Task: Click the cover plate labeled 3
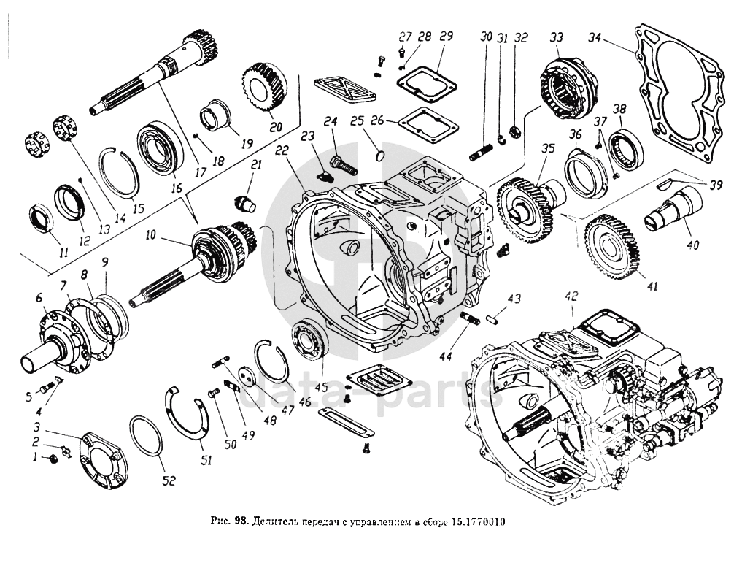[x=102, y=459]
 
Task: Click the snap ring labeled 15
[x=118, y=172]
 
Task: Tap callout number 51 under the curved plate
[x=206, y=460]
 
